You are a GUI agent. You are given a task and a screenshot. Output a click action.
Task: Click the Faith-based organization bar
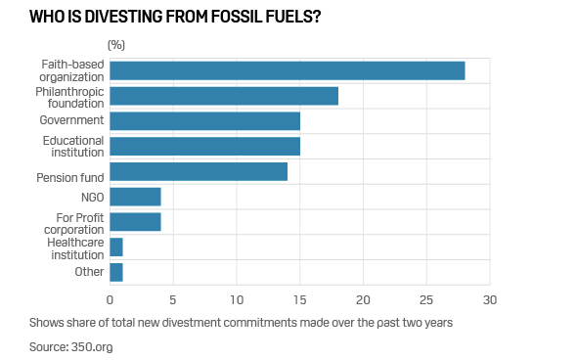click(288, 70)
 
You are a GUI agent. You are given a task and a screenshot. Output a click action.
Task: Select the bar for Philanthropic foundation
click(224, 96)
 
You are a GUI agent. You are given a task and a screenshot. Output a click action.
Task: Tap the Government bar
click(205, 121)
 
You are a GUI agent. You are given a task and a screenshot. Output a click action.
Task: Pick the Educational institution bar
click(205, 146)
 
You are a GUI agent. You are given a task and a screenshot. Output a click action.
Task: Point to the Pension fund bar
click(199, 171)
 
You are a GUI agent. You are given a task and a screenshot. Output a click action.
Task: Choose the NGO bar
click(135, 197)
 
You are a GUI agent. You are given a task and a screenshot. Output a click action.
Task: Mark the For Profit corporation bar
click(135, 222)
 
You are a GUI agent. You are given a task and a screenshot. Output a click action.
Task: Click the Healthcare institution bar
click(116, 247)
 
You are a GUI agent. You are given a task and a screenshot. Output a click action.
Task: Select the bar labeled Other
click(116, 272)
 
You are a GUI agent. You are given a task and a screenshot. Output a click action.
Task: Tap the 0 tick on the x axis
click(110, 300)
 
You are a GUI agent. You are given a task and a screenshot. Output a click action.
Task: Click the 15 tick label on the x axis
click(299, 300)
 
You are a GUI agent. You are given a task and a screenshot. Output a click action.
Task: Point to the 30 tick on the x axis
click(490, 300)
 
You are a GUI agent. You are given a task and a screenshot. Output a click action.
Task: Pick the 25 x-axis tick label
click(426, 300)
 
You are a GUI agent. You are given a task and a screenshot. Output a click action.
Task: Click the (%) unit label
click(116, 45)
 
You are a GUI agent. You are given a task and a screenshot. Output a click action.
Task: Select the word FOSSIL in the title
click(235, 17)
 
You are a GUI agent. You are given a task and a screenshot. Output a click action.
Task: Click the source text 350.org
click(92, 347)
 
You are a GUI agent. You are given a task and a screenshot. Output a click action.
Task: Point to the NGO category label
click(93, 198)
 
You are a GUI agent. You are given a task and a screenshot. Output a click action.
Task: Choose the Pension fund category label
click(70, 178)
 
